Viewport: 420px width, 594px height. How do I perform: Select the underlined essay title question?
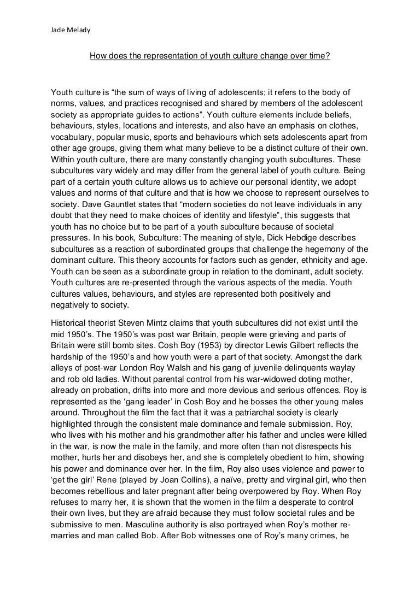pos(209,55)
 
